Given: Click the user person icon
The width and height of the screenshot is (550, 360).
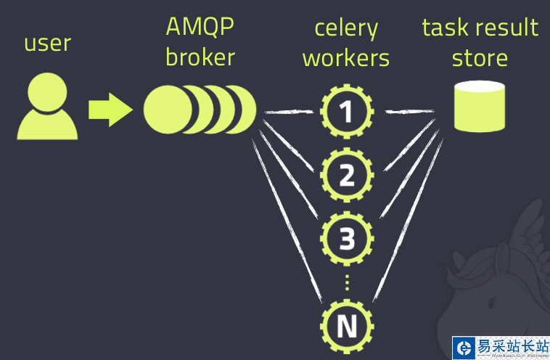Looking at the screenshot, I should (x=46, y=110).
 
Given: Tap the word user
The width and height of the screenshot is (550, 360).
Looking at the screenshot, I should (x=47, y=44).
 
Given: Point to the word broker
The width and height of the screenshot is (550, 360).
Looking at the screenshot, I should (x=200, y=57).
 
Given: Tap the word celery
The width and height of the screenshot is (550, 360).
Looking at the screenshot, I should (x=346, y=30).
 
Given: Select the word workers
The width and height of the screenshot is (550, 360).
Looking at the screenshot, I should (x=346, y=57).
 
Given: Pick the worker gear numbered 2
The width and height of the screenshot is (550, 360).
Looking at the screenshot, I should (x=347, y=175).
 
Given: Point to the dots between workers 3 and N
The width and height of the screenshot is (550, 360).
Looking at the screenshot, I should (x=347, y=282).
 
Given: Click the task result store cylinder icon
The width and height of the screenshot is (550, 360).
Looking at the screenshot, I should (x=480, y=106).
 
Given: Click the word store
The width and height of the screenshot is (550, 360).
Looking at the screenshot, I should (x=480, y=57).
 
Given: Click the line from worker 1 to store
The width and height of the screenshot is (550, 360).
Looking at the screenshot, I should (x=409, y=111).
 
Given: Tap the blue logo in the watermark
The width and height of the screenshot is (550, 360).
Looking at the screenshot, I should (x=462, y=348).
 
